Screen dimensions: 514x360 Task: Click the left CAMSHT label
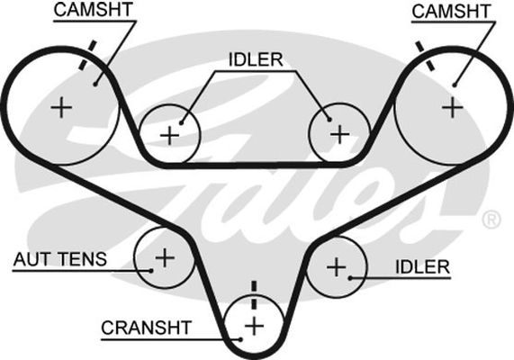pyautogui.click(x=93, y=10)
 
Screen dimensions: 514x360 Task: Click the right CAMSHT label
pyautogui.click(x=451, y=11)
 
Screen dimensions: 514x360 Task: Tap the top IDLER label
pyautogui.click(x=256, y=59)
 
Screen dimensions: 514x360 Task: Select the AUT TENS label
pyautogui.click(x=60, y=259)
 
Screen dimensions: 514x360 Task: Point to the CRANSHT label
pyautogui.click(x=146, y=328)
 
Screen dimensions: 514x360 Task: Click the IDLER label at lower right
pyautogui.click(x=422, y=267)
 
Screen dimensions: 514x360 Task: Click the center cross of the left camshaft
pyautogui.click(x=61, y=107)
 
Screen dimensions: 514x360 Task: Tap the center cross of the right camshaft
pyautogui.click(x=453, y=107)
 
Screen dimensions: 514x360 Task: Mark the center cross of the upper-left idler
pyautogui.click(x=169, y=135)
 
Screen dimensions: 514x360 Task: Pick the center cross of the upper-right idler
pyautogui.click(x=340, y=134)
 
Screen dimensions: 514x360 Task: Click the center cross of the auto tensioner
pyautogui.click(x=165, y=257)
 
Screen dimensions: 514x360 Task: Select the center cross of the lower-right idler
pyautogui.click(x=337, y=267)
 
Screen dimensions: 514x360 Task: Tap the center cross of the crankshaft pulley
pyautogui.click(x=255, y=326)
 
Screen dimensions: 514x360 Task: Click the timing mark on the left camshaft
pyautogui.click(x=88, y=55)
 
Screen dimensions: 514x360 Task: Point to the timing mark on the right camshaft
pyautogui.click(x=425, y=56)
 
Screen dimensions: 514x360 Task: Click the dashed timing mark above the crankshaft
pyautogui.click(x=254, y=295)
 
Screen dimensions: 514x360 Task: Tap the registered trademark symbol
pyautogui.click(x=491, y=220)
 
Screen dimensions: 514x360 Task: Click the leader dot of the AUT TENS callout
pyautogui.click(x=151, y=271)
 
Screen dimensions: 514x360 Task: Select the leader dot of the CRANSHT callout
pyautogui.click(x=240, y=339)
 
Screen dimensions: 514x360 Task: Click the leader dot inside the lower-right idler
pyautogui.click(x=350, y=278)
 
